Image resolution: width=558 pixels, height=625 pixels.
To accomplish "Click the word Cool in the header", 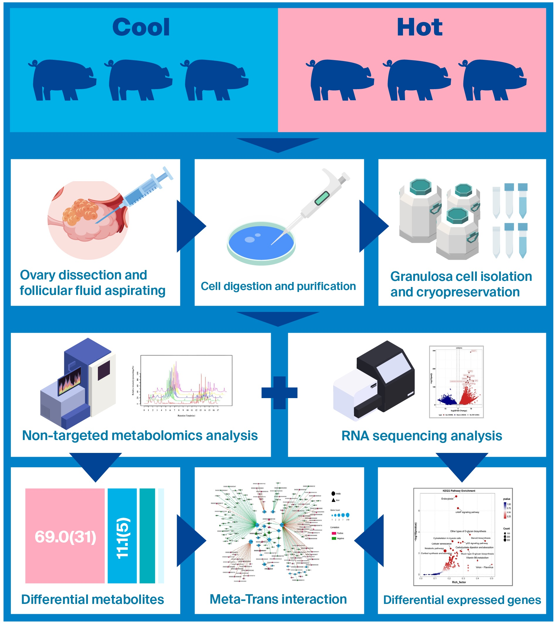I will click(x=141, y=28).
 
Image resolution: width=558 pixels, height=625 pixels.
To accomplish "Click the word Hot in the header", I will click(x=419, y=28).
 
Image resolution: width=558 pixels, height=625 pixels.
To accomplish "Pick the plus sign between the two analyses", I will click(x=279, y=393).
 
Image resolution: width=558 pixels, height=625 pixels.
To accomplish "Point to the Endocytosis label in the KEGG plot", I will click(x=447, y=499).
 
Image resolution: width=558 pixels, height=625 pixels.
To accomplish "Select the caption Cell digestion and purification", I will click(x=278, y=286).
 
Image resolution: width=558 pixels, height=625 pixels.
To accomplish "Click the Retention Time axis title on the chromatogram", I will click(x=186, y=415).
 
